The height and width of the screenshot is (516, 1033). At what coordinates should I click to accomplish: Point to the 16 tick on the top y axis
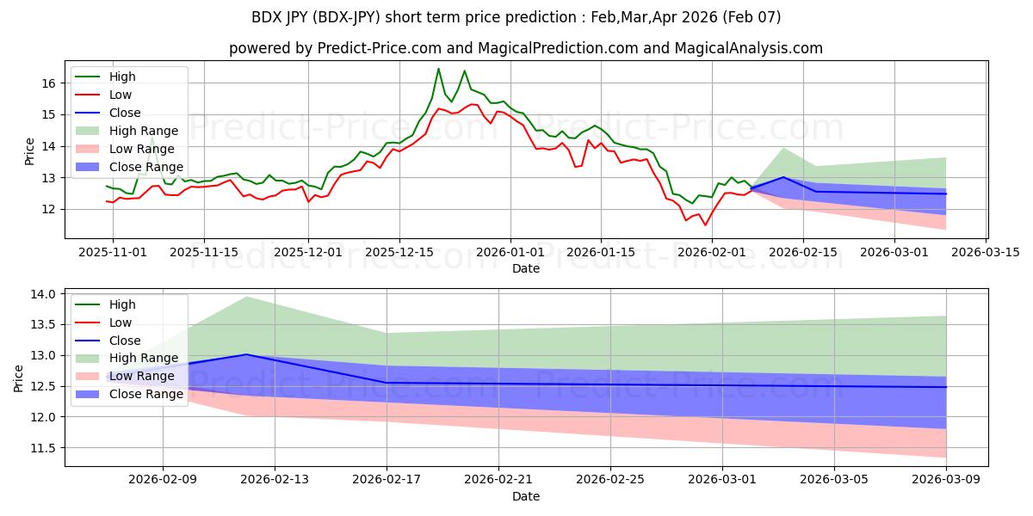click(48, 83)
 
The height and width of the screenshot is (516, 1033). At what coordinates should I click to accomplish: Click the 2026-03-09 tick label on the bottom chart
click(946, 480)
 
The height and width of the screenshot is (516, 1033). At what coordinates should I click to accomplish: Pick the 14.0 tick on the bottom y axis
click(44, 294)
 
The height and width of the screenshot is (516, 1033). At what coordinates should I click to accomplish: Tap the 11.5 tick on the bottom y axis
click(44, 448)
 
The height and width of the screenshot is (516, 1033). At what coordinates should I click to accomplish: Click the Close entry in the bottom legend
click(124, 341)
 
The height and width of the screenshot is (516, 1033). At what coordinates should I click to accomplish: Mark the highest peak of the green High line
click(438, 69)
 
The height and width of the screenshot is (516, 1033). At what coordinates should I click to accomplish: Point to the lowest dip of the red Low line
click(705, 225)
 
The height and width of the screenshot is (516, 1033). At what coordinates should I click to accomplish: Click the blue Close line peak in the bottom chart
click(246, 354)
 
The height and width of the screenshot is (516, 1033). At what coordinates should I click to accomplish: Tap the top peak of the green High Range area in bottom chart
click(246, 297)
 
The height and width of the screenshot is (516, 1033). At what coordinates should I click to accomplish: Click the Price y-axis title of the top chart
click(30, 150)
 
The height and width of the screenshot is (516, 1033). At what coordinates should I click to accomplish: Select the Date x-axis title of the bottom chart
click(526, 496)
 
